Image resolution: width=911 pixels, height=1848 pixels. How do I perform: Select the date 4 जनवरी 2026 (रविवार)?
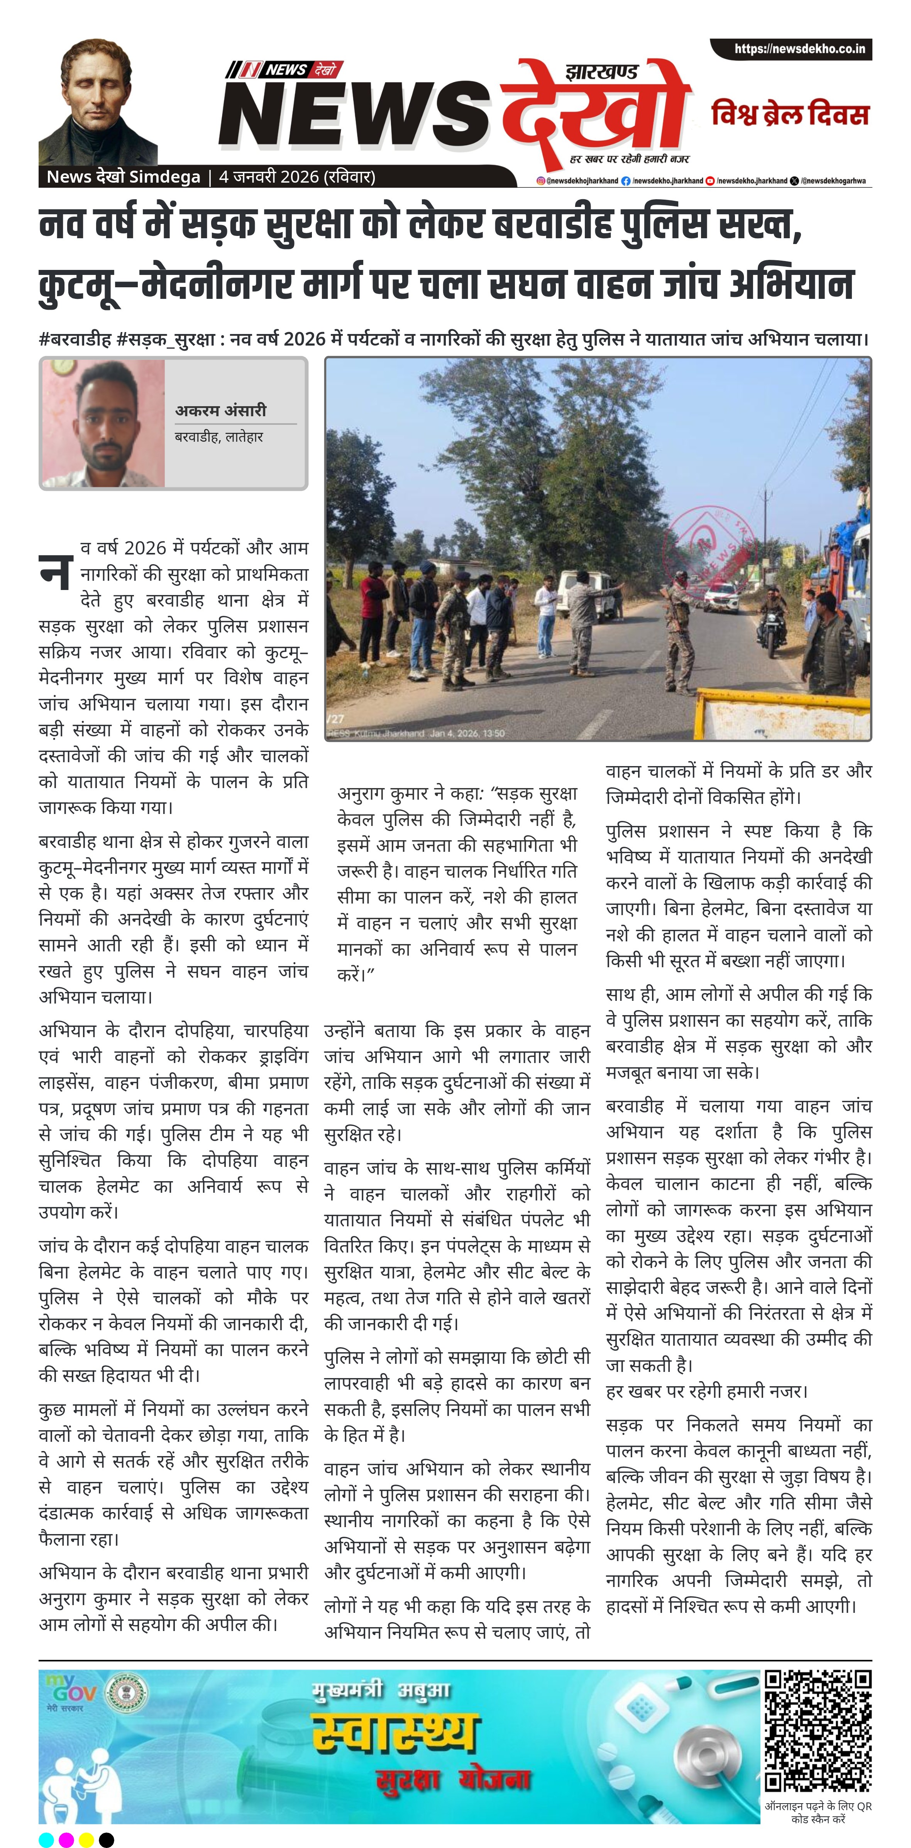[x=297, y=176]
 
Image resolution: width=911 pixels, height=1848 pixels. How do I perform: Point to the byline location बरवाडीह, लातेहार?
[x=219, y=436]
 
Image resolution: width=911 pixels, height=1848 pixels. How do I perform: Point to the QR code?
[x=817, y=1730]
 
